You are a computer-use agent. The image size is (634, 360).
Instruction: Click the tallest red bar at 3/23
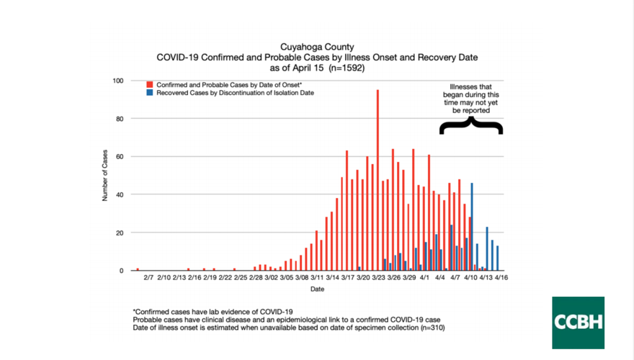(x=378, y=180)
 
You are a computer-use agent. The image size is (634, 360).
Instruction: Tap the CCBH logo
(x=578, y=323)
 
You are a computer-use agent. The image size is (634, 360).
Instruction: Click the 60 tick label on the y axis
(x=119, y=157)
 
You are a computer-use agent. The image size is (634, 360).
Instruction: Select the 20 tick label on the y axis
(x=119, y=233)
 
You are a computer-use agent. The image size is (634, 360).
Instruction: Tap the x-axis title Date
(x=317, y=289)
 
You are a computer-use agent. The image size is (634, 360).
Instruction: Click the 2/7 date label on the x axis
(x=148, y=277)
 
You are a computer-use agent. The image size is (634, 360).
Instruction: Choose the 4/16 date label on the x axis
(x=501, y=277)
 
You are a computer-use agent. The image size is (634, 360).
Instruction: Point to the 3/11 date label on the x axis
(x=317, y=277)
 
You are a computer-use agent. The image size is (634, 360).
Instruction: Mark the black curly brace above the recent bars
(x=471, y=126)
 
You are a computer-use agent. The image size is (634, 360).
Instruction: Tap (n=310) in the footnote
(x=429, y=328)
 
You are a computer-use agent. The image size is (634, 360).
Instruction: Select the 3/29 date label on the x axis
(x=409, y=277)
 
